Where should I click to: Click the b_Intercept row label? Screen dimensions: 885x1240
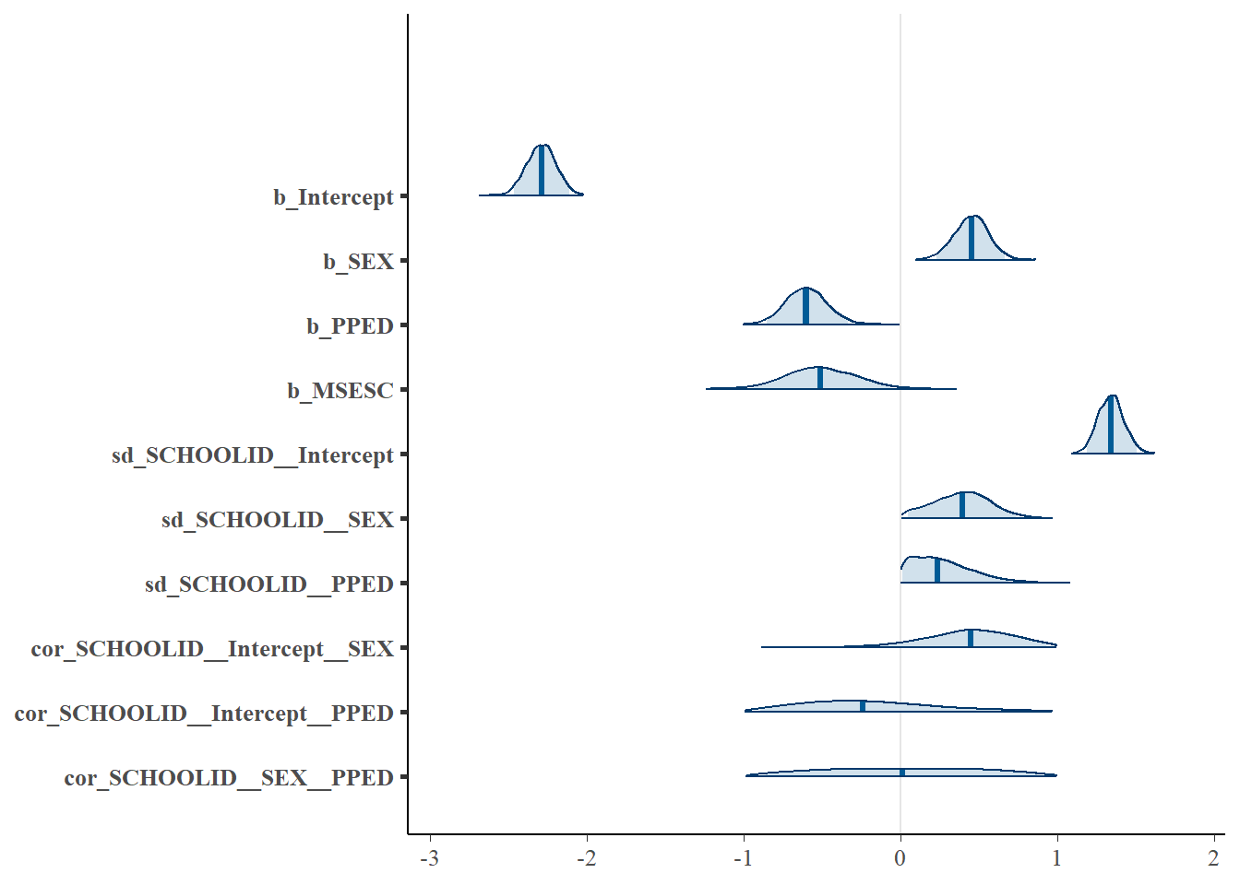[x=333, y=197]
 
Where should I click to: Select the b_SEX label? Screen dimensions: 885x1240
[x=358, y=262]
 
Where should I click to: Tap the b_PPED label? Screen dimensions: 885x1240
[x=350, y=326]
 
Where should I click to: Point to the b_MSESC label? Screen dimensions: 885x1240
[x=340, y=391]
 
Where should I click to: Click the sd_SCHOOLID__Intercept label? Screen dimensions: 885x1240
[x=252, y=455]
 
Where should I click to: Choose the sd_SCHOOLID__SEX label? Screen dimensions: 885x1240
[x=277, y=520]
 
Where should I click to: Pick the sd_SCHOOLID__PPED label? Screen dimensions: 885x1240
[x=268, y=584]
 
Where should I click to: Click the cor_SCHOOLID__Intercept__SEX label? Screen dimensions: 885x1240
[x=212, y=649]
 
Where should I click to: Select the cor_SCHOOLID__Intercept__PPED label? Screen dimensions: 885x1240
[x=204, y=714]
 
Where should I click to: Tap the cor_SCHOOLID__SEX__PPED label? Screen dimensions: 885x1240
[x=229, y=778]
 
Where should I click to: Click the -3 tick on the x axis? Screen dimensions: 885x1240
[x=429, y=859]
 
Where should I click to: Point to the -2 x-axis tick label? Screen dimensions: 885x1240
[x=586, y=859]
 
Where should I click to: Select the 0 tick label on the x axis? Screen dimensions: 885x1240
[x=900, y=859]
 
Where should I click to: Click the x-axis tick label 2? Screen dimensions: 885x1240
[x=1214, y=859]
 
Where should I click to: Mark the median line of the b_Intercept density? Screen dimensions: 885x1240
[x=542, y=171]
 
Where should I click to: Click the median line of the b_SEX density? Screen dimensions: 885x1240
[x=972, y=238]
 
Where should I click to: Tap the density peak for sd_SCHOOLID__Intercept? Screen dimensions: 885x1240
[x=1112, y=396]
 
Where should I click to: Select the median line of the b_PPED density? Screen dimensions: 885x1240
[x=805, y=306]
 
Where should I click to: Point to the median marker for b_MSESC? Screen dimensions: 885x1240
[x=820, y=378]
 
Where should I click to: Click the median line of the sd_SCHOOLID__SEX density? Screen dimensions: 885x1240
[x=962, y=505]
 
